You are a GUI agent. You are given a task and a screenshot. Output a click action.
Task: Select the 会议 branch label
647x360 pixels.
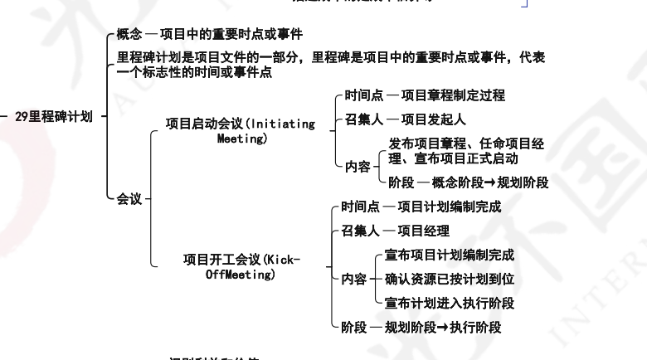(129, 199)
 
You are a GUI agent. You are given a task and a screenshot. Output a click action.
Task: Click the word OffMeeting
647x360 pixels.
(240, 274)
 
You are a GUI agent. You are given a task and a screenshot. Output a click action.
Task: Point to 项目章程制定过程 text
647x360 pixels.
(452, 96)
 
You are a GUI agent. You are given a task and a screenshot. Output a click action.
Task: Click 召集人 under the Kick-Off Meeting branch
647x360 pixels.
(361, 231)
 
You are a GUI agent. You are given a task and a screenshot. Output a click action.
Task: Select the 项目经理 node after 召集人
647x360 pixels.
(423, 231)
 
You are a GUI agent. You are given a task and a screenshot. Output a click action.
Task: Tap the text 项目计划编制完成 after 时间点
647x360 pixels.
(449, 206)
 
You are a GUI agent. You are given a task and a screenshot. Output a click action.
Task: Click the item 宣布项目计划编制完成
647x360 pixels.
(450, 255)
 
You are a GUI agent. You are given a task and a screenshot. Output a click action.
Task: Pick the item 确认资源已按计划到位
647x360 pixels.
(450, 279)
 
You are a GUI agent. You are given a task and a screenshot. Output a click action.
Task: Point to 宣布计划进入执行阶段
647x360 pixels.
(450, 303)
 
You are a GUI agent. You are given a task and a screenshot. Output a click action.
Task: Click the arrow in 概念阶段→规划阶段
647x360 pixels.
(490, 182)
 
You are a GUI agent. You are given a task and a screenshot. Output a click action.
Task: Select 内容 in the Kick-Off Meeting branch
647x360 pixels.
(353, 279)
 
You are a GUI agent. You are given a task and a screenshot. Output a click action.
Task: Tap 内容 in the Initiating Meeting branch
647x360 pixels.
(358, 166)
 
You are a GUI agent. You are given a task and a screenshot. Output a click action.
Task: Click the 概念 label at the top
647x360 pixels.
(129, 35)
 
